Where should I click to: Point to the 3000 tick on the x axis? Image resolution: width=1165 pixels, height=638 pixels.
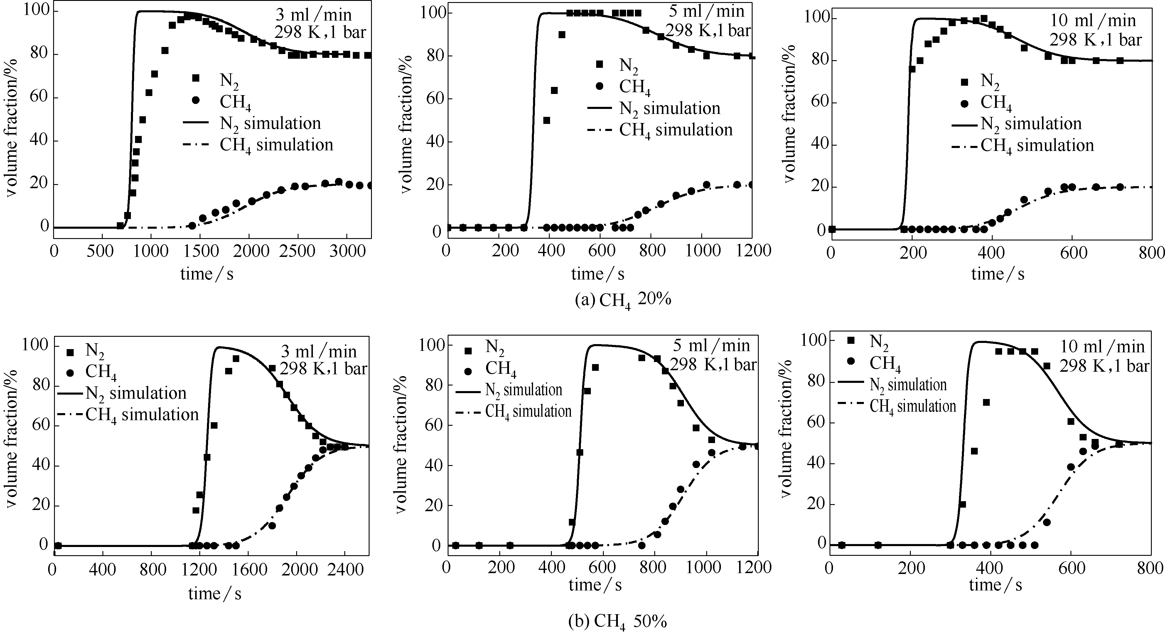[x=346, y=252]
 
